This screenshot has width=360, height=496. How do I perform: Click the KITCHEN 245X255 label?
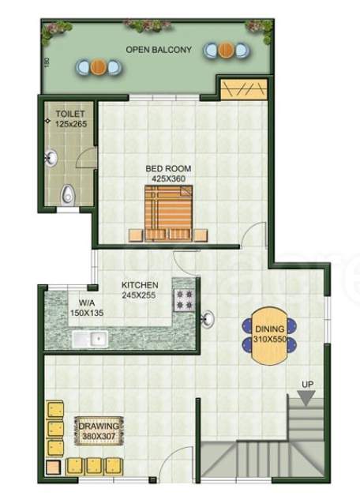[x=140, y=290]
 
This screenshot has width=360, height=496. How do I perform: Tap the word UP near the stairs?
[x=307, y=385]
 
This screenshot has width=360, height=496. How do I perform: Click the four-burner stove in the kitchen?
[x=184, y=301]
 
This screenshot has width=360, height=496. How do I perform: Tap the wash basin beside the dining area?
[x=208, y=319]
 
